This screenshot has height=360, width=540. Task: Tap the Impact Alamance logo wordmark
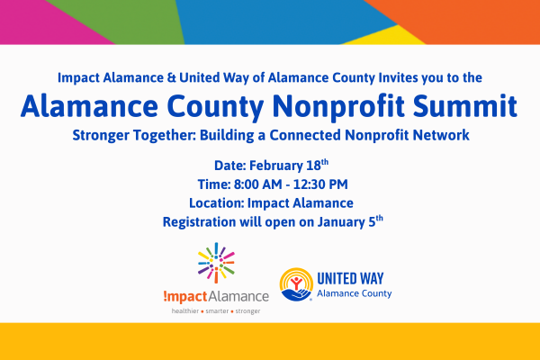point(216,296)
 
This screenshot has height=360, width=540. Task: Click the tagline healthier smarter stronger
point(216,311)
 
